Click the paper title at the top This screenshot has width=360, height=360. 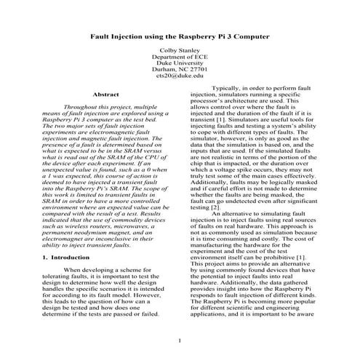tap(180, 35)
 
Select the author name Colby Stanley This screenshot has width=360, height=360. tap(180, 52)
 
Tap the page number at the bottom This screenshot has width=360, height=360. tap(180, 340)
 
